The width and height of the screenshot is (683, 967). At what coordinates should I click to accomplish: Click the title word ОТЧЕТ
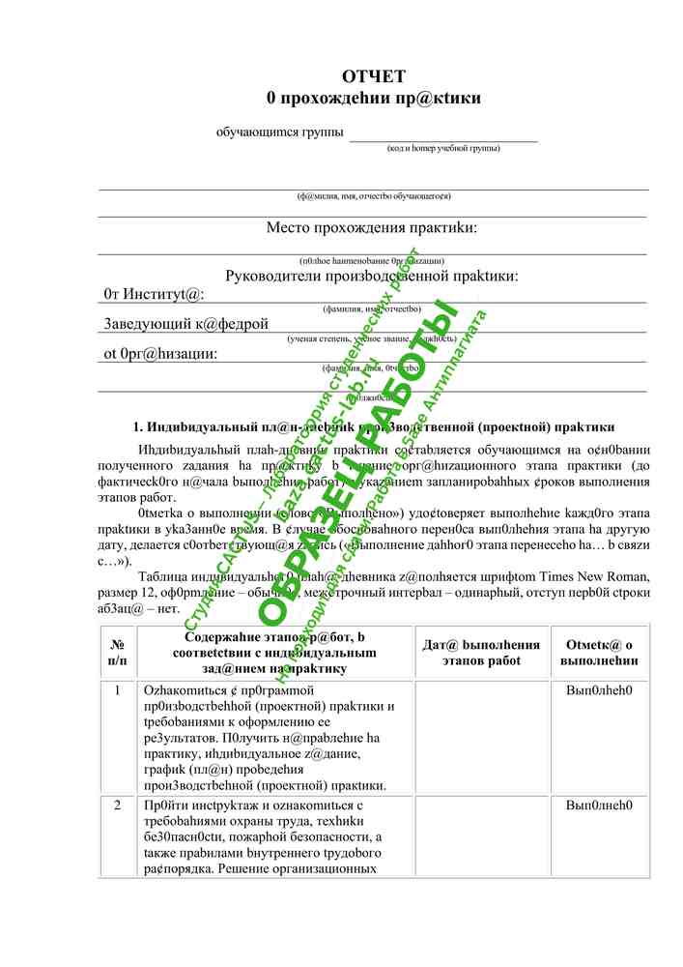(373, 77)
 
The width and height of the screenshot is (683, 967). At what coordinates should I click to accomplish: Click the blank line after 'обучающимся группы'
(443, 134)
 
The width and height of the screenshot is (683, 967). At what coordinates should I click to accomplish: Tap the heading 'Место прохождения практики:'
(372, 228)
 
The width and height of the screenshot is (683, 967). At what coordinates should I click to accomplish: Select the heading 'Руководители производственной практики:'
(372, 276)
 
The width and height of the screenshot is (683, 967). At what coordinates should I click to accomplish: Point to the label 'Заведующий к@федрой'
(186, 324)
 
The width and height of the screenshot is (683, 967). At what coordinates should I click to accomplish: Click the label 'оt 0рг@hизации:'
(160, 353)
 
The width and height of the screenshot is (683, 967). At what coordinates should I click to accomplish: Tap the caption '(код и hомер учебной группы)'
(443, 149)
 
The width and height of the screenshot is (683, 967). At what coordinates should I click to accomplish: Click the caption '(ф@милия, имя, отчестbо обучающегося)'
(373, 196)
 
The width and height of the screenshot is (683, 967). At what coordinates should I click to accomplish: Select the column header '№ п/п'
(118, 652)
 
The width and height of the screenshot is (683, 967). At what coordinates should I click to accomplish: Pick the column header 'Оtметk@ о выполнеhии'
(599, 652)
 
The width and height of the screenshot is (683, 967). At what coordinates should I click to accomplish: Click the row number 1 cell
(118, 691)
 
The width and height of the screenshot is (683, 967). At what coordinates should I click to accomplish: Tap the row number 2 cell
(118, 806)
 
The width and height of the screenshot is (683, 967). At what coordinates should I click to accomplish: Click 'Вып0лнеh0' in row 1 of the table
(599, 691)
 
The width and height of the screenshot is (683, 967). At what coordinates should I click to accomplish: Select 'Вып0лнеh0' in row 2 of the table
(599, 806)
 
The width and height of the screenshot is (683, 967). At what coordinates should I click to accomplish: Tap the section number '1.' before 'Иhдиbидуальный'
(138, 425)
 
